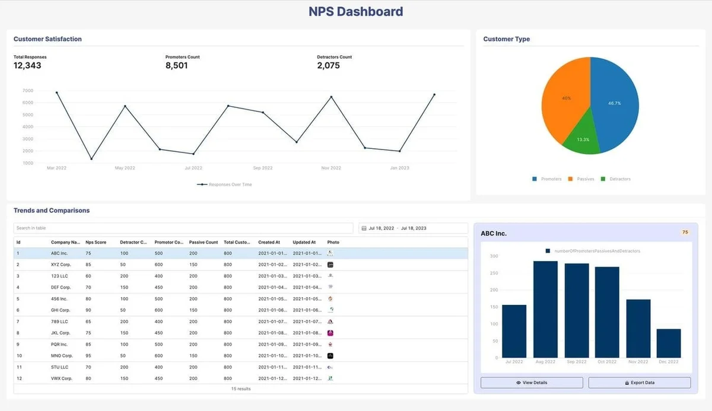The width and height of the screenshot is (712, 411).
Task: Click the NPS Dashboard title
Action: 355,11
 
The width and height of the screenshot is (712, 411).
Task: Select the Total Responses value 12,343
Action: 27,66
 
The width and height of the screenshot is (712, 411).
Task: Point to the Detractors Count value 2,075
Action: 328,66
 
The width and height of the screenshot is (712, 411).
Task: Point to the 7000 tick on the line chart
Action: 28,91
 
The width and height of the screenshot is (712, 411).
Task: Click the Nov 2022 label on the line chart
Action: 331,168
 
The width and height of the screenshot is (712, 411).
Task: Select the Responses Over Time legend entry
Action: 225,184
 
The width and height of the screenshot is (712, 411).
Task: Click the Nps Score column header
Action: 96,243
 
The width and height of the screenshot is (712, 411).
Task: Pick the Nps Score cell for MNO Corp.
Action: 88,356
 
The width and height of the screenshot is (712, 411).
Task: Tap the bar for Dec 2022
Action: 669,343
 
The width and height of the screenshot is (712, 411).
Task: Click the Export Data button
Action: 640,383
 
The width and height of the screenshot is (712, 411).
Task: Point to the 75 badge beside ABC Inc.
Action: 685,232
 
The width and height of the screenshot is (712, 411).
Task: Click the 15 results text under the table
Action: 240,389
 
